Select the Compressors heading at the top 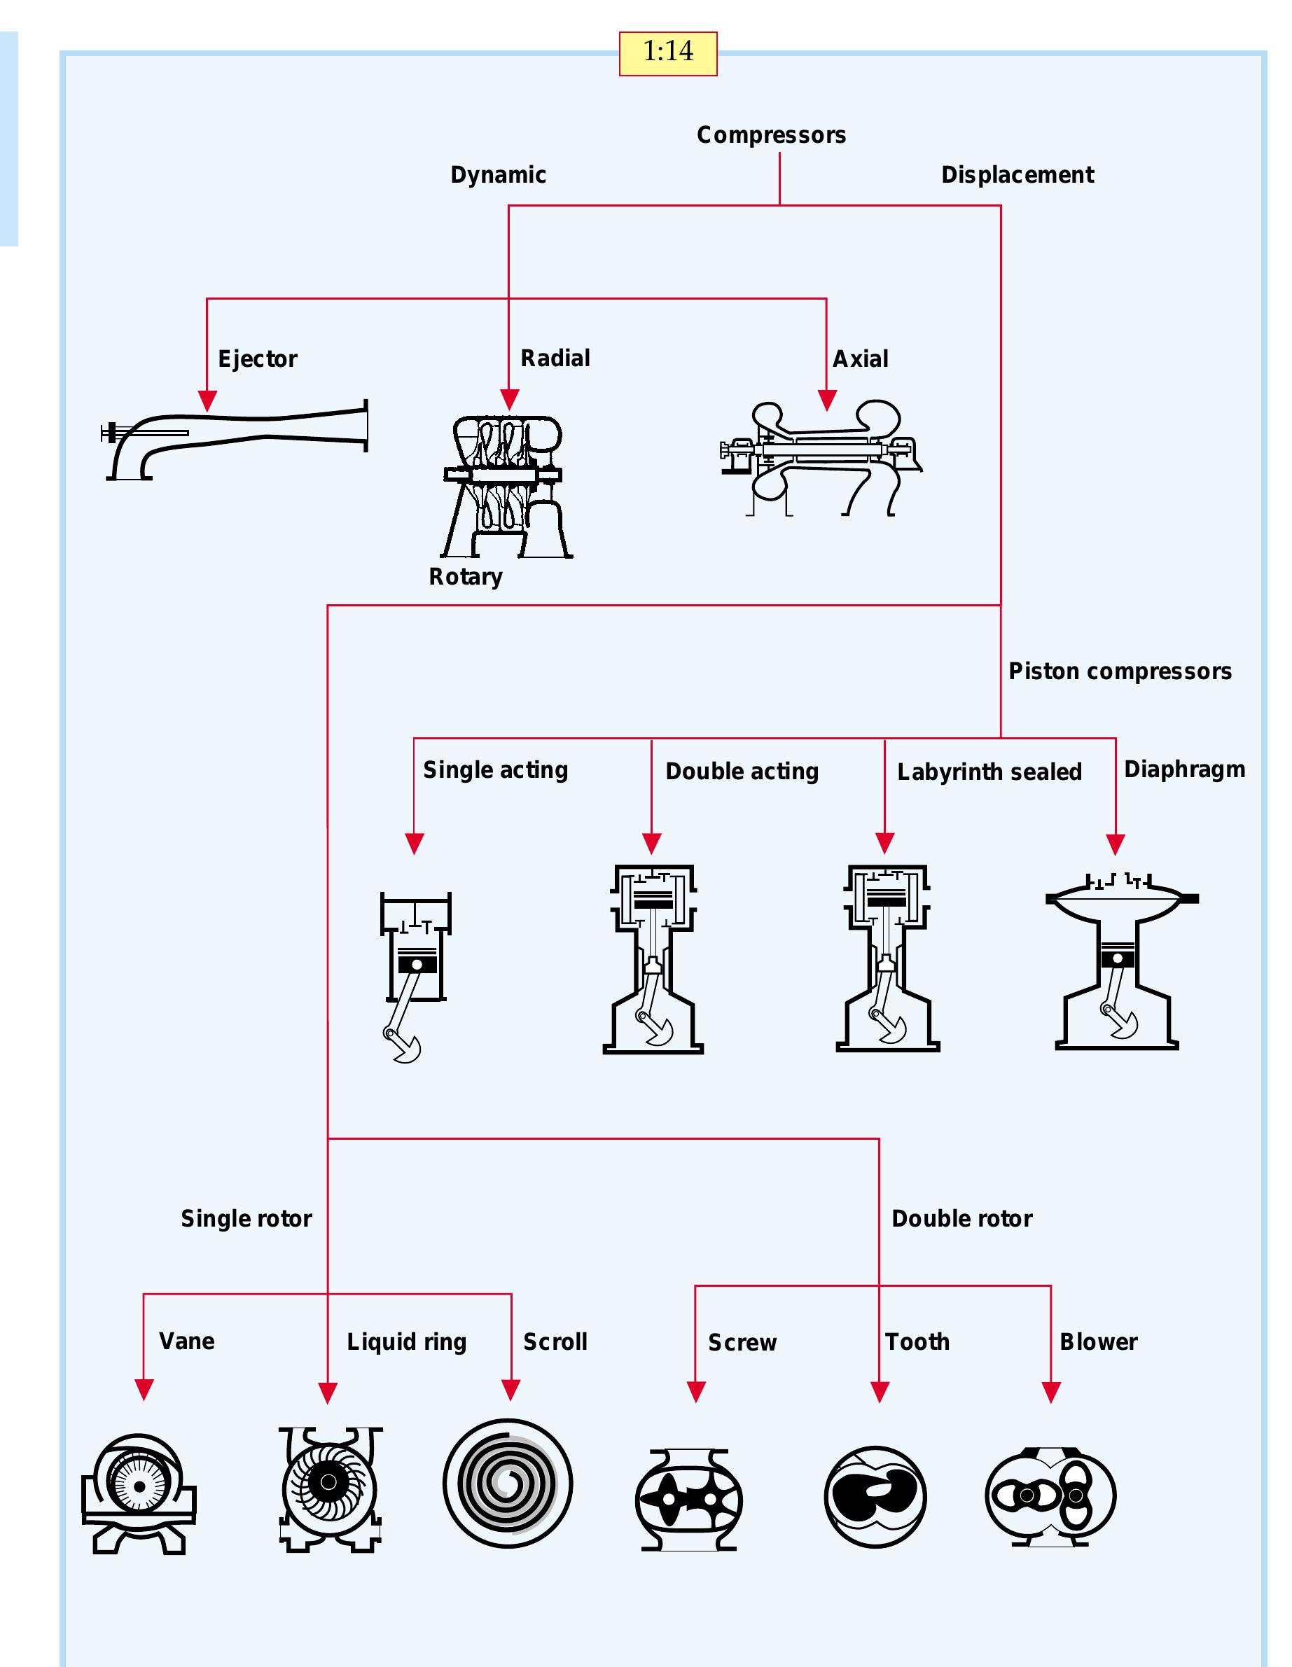(770, 135)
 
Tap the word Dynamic (498, 175)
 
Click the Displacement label (1016, 175)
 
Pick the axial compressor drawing (821, 458)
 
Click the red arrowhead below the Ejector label (207, 400)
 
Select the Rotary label (465, 576)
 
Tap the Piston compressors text (1120, 671)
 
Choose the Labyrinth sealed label (989, 772)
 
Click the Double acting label (742, 771)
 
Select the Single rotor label (246, 1218)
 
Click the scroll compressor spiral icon (507, 1484)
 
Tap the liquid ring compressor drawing (329, 1489)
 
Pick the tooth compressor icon (875, 1496)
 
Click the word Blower (1098, 1341)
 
